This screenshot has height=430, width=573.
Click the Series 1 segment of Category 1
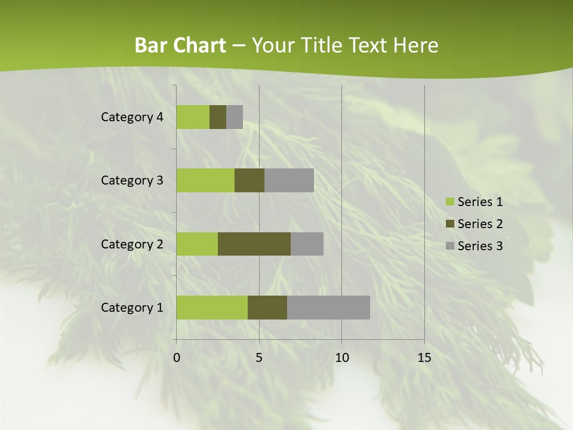212,308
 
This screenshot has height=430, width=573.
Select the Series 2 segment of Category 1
267,308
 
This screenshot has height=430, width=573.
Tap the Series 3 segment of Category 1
328,308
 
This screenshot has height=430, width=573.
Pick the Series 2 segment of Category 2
254,244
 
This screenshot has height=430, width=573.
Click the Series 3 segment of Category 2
307,244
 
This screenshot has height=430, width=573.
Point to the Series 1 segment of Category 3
205,180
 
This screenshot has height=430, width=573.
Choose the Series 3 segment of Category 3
289,180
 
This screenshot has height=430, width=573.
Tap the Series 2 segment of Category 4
218,117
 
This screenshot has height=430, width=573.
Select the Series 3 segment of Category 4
235,117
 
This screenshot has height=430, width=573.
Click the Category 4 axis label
132,117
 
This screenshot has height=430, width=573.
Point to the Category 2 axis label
132,244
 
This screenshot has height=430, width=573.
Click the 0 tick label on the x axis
177,358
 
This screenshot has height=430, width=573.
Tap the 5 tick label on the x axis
259,358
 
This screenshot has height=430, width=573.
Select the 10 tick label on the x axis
341,358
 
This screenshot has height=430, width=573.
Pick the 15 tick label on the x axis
424,358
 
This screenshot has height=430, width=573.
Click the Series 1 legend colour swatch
449,202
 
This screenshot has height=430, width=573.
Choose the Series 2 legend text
480,224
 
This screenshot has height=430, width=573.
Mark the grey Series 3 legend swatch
449,246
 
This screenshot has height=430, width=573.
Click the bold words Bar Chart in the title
180,45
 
